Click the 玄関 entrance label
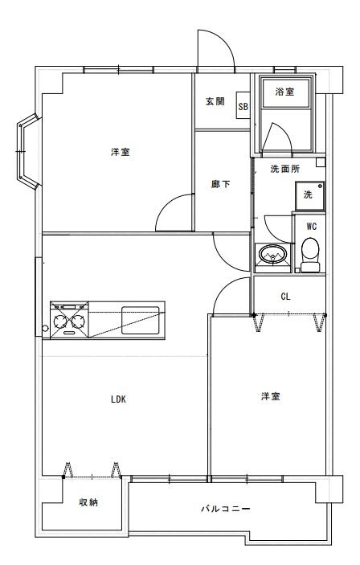click(215, 101)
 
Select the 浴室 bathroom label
click(284, 92)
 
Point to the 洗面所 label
click(284, 169)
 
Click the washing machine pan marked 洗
click(310, 196)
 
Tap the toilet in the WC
click(310, 255)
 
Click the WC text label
click(312, 227)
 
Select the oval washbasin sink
click(272, 254)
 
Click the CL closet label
click(285, 297)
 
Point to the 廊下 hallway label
click(220, 184)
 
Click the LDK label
click(118, 399)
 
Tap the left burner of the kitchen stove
click(59, 321)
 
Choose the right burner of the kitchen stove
click(79, 321)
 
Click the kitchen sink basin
click(141, 321)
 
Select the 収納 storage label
click(88, 502)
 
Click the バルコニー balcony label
click(226, 510)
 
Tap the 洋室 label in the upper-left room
click(121, 152)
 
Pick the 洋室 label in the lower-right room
click(271, 396)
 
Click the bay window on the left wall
click(27, 151)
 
